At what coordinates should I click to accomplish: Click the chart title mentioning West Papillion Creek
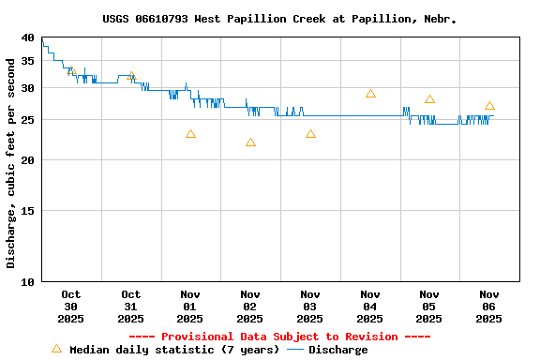(279, 19)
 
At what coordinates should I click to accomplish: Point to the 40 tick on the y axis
(27, 37)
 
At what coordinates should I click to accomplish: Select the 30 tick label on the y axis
(27, 88)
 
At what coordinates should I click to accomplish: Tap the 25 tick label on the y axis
(27, 120)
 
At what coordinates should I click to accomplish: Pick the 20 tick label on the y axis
(27, 160)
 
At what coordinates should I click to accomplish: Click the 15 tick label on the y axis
(27, 211)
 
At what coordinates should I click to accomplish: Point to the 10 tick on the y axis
(27, 281)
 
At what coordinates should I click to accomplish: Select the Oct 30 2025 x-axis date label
(71, 307)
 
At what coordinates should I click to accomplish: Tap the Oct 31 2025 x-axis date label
(131, 307)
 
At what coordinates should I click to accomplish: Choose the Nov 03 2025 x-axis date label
(310, 307)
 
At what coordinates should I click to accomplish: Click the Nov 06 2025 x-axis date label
(489, 307)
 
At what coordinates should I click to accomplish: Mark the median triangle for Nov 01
(190, 134)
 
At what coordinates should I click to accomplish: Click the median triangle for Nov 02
(250, 142)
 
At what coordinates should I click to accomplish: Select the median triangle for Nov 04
(370, 94)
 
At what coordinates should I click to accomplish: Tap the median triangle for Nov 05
(429, 99)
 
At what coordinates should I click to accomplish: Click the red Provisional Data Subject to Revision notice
(279, 337)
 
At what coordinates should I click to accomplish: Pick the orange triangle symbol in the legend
(56, 349)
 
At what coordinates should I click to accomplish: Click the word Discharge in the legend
(338, 350)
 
